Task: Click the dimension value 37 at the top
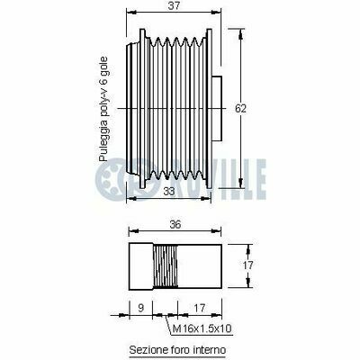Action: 174,6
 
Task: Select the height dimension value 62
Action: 240,108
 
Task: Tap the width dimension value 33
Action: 169,192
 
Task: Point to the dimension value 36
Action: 175,224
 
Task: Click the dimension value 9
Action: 141,308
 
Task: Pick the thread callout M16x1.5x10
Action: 202,328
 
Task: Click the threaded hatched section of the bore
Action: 165,266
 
